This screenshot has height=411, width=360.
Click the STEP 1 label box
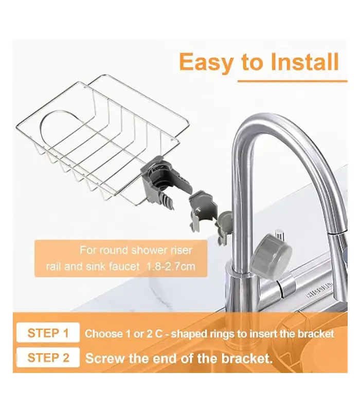(x=48, y=332)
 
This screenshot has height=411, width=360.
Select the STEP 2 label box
(x=48, y=358)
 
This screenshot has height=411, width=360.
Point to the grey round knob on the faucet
(x=271, y=254)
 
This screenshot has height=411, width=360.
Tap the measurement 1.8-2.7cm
(x=171, y=267)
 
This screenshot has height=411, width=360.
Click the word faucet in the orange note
(x=124, y=267)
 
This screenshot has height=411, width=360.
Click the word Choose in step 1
(x=101, y=333)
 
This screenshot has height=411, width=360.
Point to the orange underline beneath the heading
(x=293, y=81)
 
